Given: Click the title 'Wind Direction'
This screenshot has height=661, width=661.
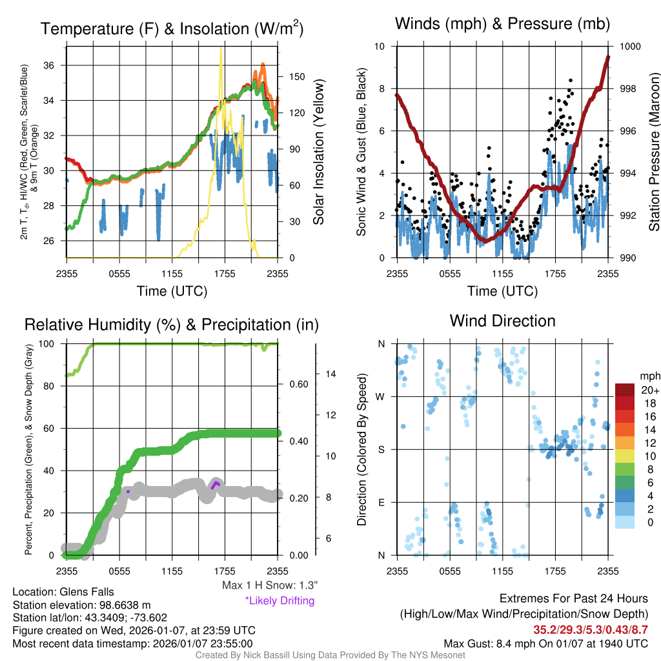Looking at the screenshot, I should tap(502, 321).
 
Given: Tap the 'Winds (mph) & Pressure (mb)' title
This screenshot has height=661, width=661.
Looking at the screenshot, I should tap(502, 25).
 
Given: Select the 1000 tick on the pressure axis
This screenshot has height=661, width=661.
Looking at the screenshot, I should tap(629, 46).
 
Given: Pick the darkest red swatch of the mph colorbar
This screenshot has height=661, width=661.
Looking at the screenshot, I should tap(625, 390).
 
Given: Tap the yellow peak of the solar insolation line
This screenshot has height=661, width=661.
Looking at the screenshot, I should tap(221, 49).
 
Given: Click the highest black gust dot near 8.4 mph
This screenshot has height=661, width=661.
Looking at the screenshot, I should tap(570, 80).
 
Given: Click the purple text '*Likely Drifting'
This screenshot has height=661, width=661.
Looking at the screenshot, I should tap(280, 600).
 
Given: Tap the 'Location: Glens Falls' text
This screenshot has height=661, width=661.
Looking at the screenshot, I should tap(54, 591).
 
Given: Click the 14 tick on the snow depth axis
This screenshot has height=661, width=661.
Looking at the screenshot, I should tap(329, 374).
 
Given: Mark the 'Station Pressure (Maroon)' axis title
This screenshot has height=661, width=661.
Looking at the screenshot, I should tap(653, 151).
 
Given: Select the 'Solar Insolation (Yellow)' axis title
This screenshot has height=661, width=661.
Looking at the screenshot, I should tap(318, 152).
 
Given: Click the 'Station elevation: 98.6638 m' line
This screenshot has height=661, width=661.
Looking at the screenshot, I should tap(81, 605).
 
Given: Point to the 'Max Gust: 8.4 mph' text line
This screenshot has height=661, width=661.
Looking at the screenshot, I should tap(546, 643).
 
